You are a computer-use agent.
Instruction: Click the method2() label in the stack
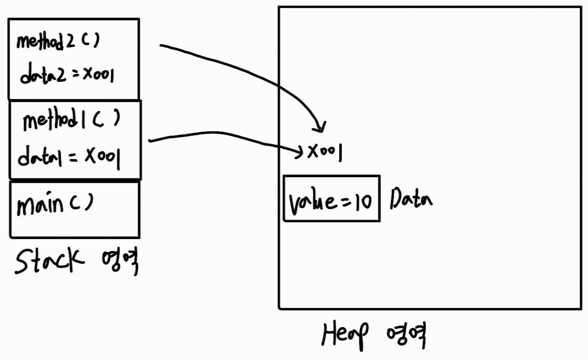point(57,42)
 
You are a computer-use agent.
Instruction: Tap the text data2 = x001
point(66,76)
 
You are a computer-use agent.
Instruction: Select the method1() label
point(71,121)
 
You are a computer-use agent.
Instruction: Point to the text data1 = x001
point(69,156)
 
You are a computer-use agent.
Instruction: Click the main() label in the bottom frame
point(55,205)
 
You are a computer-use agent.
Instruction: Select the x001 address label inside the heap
point(324,153)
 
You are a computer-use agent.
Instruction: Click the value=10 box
point(331,198)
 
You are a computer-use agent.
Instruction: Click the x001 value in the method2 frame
point(97,76)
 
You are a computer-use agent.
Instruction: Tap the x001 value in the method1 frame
point(102,156)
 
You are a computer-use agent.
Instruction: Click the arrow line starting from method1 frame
point(221,134)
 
